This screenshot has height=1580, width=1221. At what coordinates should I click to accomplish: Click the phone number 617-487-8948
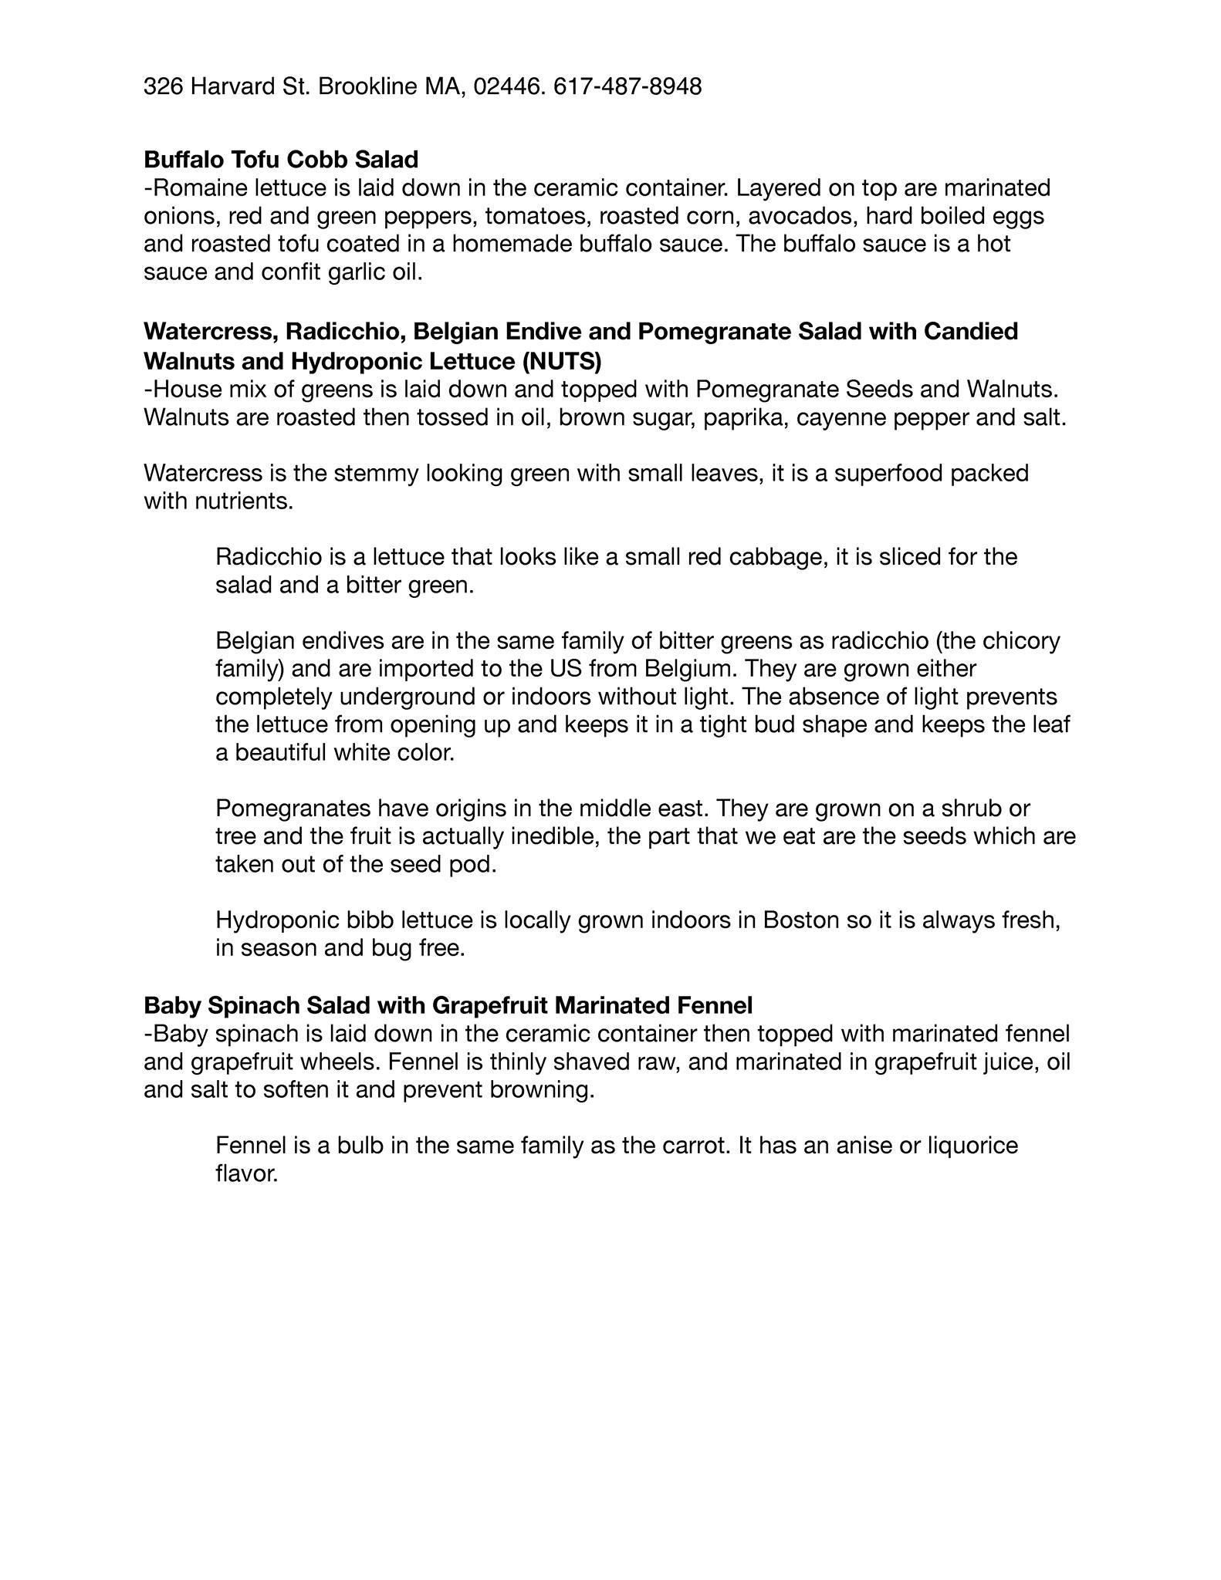click(627, 86)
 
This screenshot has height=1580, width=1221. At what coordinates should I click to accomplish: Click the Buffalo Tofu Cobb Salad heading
click(281, 160)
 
